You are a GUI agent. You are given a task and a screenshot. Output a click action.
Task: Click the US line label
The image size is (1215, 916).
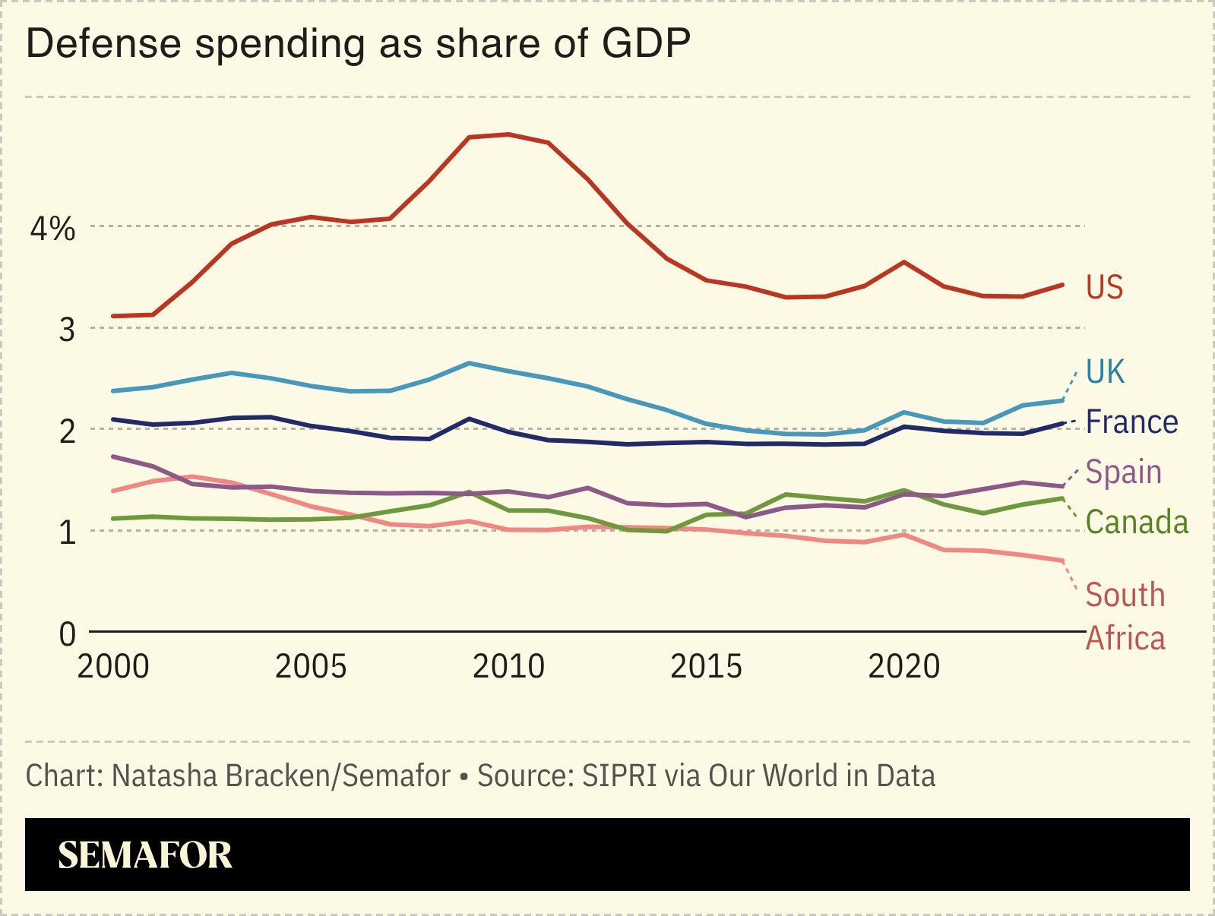[x=1104, y=287]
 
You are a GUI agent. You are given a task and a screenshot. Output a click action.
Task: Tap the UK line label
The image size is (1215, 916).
[x=1105, y=371]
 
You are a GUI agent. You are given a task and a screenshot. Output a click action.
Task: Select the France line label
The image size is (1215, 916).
[x=1131, y=422]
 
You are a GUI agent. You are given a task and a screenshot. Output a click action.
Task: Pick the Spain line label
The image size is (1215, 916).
[x=1123, y=472]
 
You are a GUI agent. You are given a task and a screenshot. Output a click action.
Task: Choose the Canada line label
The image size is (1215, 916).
[x=1136, y=522]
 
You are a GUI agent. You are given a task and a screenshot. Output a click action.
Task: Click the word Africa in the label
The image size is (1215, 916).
[x=1125, y=638]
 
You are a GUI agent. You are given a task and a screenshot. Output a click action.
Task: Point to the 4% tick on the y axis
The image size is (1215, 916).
[x=52, y=228]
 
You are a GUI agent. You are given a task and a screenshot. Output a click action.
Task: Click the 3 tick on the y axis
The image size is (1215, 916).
[x=68, y=330]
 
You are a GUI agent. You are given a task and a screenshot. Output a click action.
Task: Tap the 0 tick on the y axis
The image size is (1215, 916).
[x=68, y=633]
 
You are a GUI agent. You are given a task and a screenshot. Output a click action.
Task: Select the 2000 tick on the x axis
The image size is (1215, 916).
[x=113, y=667]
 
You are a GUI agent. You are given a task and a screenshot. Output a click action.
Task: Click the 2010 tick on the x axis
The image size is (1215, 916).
[x=508, y=667]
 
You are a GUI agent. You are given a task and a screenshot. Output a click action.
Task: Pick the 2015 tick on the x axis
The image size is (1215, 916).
[x=706, y=667]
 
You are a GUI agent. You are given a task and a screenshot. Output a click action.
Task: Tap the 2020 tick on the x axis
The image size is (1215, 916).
[x=903, y=667]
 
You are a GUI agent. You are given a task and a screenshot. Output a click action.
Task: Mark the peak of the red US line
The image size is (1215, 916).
[x=508, y=134]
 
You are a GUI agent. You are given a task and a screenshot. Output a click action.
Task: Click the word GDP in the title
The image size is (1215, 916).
[x=646, y=44]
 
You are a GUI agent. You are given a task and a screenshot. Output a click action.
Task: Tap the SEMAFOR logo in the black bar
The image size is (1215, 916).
[x=144, y=855]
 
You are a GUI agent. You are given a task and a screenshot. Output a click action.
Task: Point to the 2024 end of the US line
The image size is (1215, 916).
[x=1062, y=285]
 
